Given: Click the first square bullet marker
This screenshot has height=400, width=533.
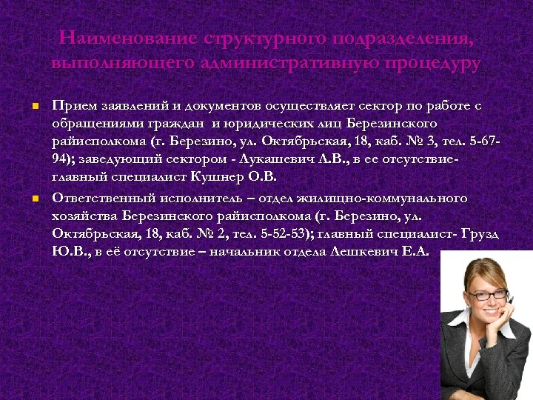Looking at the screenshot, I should tap(34, 107).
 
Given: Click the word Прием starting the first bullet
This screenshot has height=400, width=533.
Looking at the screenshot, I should tap(72, 106).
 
